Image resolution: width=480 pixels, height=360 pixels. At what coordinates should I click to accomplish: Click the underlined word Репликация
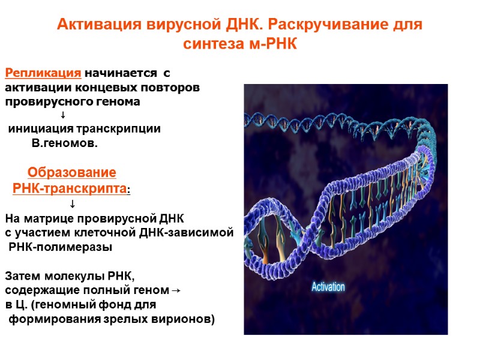pos(43,74)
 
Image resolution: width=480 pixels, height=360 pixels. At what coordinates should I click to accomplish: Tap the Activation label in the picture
pos(328,287)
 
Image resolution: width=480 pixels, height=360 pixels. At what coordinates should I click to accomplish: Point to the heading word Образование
pos(72,173)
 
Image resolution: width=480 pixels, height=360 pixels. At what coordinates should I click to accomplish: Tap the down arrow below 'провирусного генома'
pos(63,115)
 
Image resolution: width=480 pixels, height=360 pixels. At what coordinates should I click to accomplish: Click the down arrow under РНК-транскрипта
pos(72,205)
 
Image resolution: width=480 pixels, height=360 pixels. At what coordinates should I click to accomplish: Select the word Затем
pos(24,277)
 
